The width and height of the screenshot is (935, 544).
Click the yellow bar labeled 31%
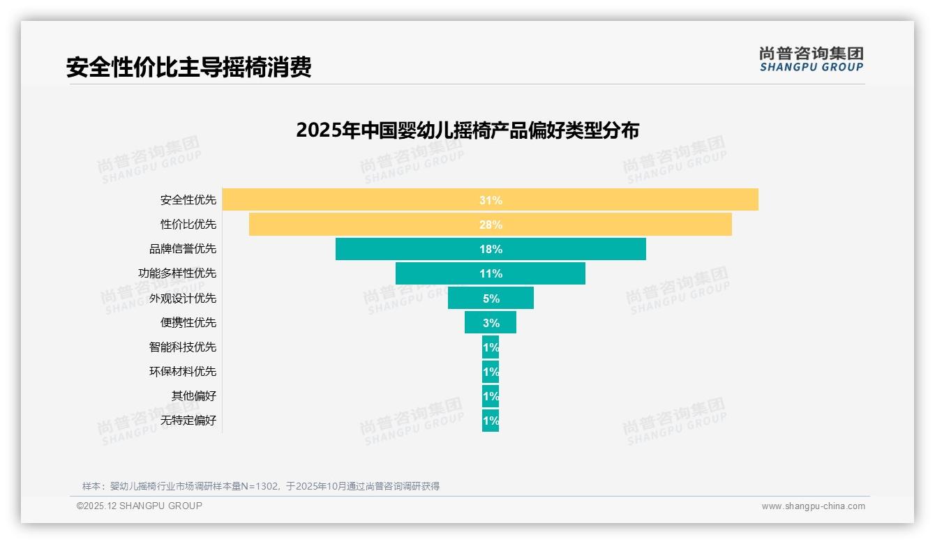point(490,200)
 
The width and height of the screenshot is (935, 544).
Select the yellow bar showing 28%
point(490,225)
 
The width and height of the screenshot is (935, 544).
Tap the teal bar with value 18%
point(490,249)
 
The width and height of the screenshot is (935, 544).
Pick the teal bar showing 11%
point(490,273)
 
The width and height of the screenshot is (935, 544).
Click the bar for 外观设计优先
point(490,298)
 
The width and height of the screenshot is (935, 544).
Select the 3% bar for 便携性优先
point(490,322)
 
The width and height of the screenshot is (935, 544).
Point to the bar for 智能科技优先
point(490,347)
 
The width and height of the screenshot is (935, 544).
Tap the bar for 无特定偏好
point(490,421)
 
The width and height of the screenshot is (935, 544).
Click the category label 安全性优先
point(188,200)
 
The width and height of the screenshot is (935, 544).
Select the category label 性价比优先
point(188,225)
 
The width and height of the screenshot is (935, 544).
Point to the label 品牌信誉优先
point(183,249)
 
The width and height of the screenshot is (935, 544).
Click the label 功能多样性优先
point(177,273)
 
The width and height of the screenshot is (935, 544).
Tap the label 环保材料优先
point(183,371)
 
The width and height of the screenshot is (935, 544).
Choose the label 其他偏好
point(194,395)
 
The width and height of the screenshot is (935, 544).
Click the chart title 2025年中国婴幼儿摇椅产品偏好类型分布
point(467,130)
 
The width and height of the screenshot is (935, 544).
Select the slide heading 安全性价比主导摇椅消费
point(188,67)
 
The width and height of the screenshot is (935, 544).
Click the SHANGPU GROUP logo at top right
point(811,59)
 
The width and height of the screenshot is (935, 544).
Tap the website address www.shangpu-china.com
point(813,506)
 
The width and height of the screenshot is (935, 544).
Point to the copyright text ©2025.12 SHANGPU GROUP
point(140,506)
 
